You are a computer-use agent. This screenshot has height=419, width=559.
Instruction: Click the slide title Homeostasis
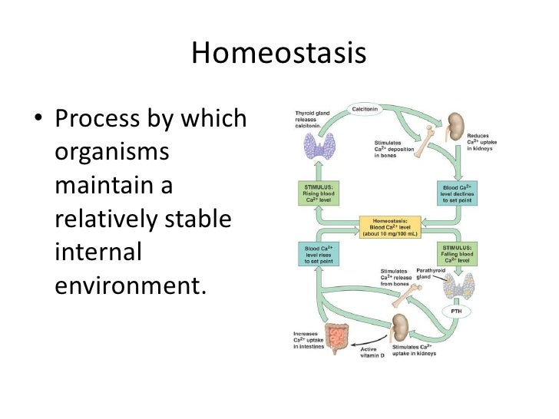(x=279, y=53)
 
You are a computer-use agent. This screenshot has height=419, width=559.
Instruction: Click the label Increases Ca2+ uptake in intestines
(x=309, y=341)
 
